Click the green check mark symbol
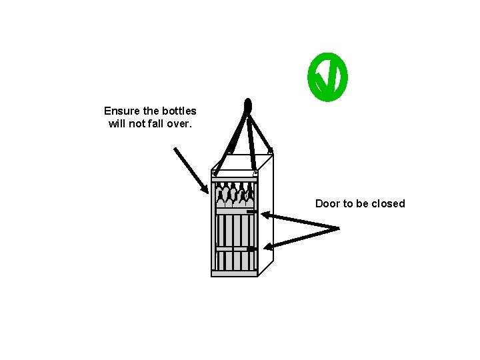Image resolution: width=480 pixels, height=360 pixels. pos(327,78)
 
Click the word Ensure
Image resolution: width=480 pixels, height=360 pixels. pos(121,111)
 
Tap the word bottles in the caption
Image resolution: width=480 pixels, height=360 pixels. pos(179,111)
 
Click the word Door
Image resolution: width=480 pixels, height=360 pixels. pos(327,203)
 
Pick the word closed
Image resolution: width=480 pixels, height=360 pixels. pos(388,203)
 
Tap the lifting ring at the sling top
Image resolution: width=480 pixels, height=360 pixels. pos(248,106)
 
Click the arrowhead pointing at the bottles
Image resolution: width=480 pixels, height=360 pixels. pos(205,189)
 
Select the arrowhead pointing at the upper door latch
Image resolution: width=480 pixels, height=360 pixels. pos(265,215)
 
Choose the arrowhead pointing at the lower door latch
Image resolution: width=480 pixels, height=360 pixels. pos(269,248)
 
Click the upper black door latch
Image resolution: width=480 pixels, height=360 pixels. pos(251,212)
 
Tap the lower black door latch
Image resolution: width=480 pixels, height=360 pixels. pos(251,249)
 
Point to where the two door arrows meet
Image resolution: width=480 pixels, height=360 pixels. pos(338,229)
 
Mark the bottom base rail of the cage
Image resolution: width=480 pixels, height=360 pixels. pos(234,273)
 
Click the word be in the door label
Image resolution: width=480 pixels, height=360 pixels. pos(363,203)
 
